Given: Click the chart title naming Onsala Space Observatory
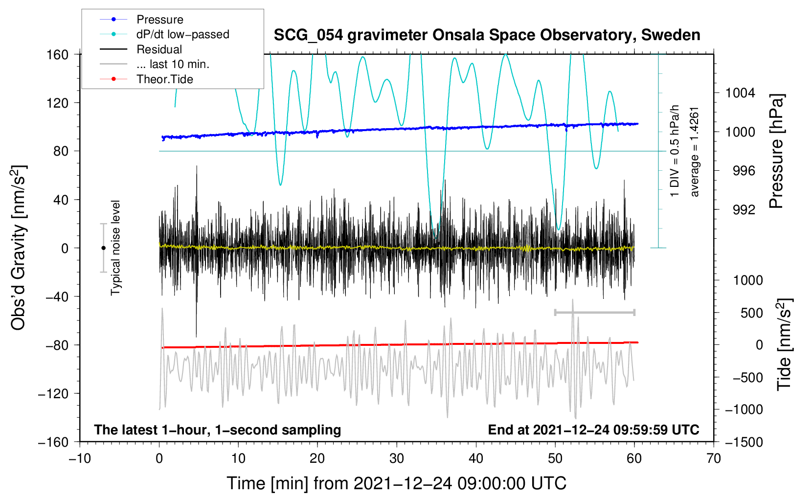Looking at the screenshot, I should tap(487, 35).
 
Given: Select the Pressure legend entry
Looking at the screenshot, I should tap(159, 20).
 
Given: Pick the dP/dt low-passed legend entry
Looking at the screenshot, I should tap(182, 34).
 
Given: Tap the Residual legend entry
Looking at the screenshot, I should tap(159, 49).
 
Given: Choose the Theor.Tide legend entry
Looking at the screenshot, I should tap(164, 79).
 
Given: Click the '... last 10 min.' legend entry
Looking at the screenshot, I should tap(173, 64).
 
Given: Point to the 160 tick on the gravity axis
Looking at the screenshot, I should tap(58, 54).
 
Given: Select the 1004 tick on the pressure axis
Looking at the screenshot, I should tap(740, 93).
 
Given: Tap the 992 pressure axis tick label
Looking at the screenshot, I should tap(744, 210).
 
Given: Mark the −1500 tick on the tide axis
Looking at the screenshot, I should tap(744, 442).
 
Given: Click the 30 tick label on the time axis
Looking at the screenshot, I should tap(397, 458).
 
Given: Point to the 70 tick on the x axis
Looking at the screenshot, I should tap(714, 458).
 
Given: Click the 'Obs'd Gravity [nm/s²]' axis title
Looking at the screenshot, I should tap(19, 248).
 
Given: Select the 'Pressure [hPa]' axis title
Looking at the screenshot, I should tap(776, 151).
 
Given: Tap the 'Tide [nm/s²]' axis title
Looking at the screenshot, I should tap(784, 344).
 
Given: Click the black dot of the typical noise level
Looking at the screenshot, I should tap(103, 248).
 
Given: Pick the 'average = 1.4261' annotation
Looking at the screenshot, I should tap(695, 152).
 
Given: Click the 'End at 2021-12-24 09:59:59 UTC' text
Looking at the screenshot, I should tap(593, 430).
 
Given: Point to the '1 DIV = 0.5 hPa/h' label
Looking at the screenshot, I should tap(675, 151).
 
